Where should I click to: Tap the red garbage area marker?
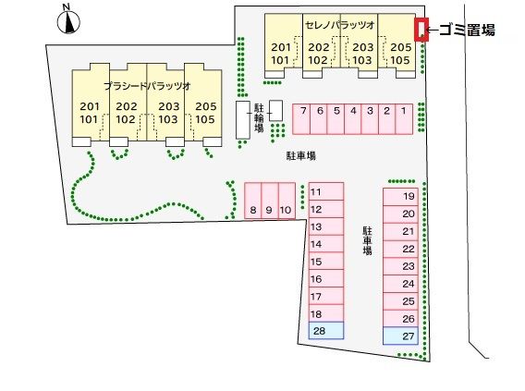coord(421,30)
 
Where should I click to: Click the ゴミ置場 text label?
coord(467,30)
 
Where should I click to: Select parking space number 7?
coord(301,119)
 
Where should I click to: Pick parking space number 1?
coord(404,119)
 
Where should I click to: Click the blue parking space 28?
coord(326,331)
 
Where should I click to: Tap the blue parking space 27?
coord(400,336)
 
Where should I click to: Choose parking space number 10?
coord(287,201)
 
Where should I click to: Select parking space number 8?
coord(252,201)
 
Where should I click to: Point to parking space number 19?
coord(400,197)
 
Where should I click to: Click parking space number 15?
coord(326,262)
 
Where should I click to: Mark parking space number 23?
coord(400,266)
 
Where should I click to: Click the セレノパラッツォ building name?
coord(340,25)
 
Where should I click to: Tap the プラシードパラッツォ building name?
coord(147,86)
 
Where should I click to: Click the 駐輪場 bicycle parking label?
coord(259,117)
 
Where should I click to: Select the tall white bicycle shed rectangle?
coord(243,120)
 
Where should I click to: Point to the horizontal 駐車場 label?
coord(301,155)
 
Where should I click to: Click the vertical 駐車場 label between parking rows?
coord(367,240)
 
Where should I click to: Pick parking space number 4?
coord(352,119)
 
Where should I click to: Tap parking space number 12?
coord(326,209)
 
